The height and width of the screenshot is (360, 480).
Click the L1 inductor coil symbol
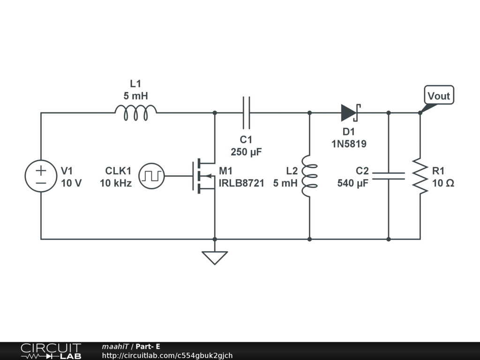[135, 113]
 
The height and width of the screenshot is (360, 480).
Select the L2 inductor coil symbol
[309, 176]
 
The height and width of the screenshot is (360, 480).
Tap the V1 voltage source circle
[41, 176]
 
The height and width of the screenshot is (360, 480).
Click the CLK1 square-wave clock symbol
[152, 176]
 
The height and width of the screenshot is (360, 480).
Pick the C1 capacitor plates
[246, 112]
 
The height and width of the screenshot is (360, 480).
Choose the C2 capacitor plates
[388, 176]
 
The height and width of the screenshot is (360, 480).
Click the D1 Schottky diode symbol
[350, 112]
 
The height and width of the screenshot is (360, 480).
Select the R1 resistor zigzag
[420, 176]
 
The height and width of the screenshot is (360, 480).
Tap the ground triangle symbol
[214, 257]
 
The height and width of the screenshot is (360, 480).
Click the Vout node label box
[439, 96]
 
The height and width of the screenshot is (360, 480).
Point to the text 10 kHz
[116, 183]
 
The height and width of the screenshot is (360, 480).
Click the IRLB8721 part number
[241, 183]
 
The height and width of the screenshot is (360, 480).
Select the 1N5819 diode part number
[349, 144]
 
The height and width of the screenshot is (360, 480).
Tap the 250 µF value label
[246, 152]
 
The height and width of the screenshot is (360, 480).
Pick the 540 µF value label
[353, 183]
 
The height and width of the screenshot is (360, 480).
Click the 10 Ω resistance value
[443, 183]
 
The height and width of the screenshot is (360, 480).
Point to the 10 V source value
[71, 183]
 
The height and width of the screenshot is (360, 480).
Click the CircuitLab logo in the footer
[51, 351]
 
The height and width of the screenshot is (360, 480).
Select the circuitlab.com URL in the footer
[167, 356]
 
